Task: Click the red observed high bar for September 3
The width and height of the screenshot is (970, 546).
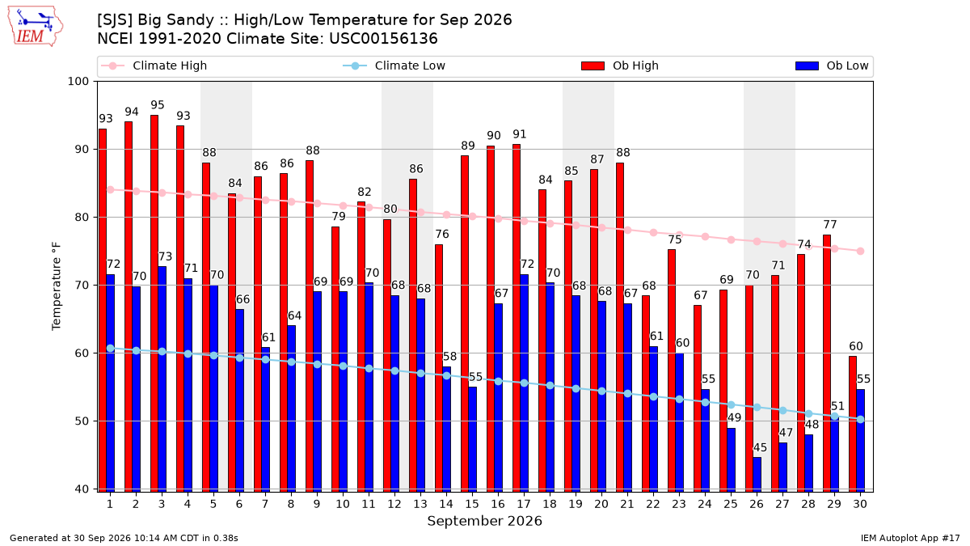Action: [154, 303]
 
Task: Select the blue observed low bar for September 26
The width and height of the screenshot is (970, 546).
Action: [757, 475]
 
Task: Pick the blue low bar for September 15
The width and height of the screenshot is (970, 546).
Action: [472, 439]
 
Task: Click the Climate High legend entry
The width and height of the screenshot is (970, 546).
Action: [154, 66]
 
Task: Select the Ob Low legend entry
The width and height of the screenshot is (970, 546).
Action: [832, 66]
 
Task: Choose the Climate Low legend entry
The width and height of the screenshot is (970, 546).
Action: [394, 66]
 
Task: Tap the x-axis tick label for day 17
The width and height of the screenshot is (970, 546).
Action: [524, 504]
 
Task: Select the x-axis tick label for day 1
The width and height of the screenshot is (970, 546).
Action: [110, 504]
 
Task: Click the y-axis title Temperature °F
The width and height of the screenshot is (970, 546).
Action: [57, 286]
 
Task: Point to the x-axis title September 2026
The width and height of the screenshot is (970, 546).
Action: [484, 521]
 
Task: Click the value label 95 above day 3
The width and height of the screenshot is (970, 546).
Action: [158, 105]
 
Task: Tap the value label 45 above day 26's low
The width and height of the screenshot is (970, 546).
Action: [760, 447]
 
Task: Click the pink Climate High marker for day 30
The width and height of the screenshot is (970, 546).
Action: [860, 252]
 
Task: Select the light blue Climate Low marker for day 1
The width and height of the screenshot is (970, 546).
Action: [111, 349]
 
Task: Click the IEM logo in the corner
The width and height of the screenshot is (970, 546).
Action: [36, 27]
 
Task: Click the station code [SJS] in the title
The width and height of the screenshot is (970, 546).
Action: [114, 20]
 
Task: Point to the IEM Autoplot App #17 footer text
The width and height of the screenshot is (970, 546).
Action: [910, 538]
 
